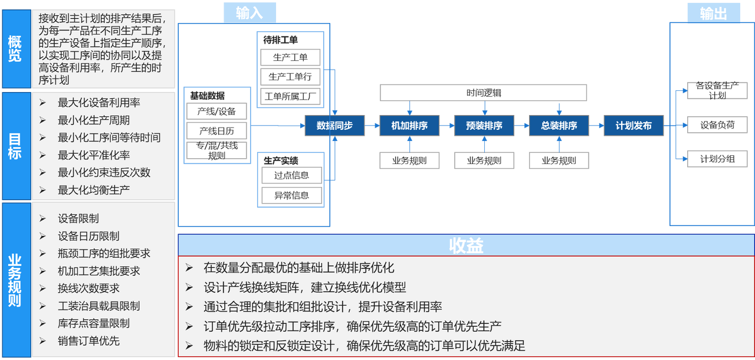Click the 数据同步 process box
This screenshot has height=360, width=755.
point(334,126)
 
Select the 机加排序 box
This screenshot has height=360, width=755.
point(409,126)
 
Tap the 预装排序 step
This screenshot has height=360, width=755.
point(484,126)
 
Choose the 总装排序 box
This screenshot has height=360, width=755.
point(559,126)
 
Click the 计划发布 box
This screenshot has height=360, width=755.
point(633,126)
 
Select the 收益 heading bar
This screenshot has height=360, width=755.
point(466,246)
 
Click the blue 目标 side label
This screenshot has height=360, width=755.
point(15,146)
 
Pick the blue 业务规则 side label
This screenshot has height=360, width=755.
point(15,280)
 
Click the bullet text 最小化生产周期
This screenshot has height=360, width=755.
point(93,120)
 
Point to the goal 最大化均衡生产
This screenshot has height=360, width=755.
point(93,190)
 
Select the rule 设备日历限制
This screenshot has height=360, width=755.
point(88,236)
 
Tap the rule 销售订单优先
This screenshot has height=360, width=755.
point(88,341)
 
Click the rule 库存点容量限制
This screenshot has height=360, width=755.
point(93,323)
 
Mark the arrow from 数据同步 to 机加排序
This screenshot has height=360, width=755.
point(372,126)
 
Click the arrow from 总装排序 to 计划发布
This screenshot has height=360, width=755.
point(596,126)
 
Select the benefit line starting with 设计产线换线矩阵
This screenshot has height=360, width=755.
point(304,287)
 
